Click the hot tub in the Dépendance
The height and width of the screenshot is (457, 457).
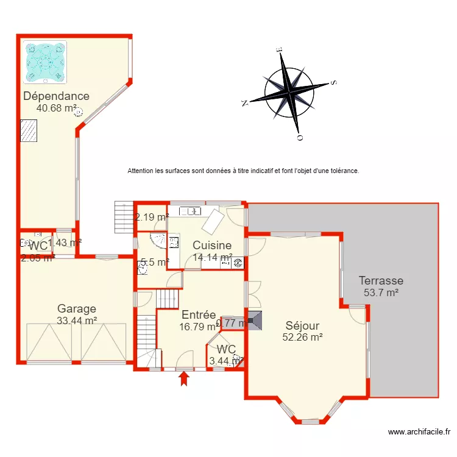pyautogui.click(x=44, y=61)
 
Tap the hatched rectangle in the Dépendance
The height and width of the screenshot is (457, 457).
pyautogui.click(x=29, y=130)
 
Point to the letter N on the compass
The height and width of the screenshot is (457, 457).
pyautogui.click(x=246, y=102)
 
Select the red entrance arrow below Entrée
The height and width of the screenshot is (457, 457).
pyautogui.click(x=183, y=379)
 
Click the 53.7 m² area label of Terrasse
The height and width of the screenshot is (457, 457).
pyautogui.click(x=381, y=292)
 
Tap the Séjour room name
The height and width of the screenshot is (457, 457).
pyautogui.click(x=302, y=326)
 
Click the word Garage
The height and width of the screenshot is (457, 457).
pyautogui.click(x=77, y=308)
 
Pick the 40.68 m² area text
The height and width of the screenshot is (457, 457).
pyautogui.click(x=57, y=108)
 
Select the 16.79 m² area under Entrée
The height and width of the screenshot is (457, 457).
pyautogui.click(x=199, y=326)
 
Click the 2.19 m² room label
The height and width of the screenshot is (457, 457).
pyautogui.click(x=152, y=217)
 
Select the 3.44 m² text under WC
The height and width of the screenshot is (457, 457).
pyautogui.click(x=226, y=361)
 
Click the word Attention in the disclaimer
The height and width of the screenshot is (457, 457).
pyautogui.click(x=141, y=171)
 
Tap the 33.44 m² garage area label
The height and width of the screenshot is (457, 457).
pyautogui.click(x=77, y=320)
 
